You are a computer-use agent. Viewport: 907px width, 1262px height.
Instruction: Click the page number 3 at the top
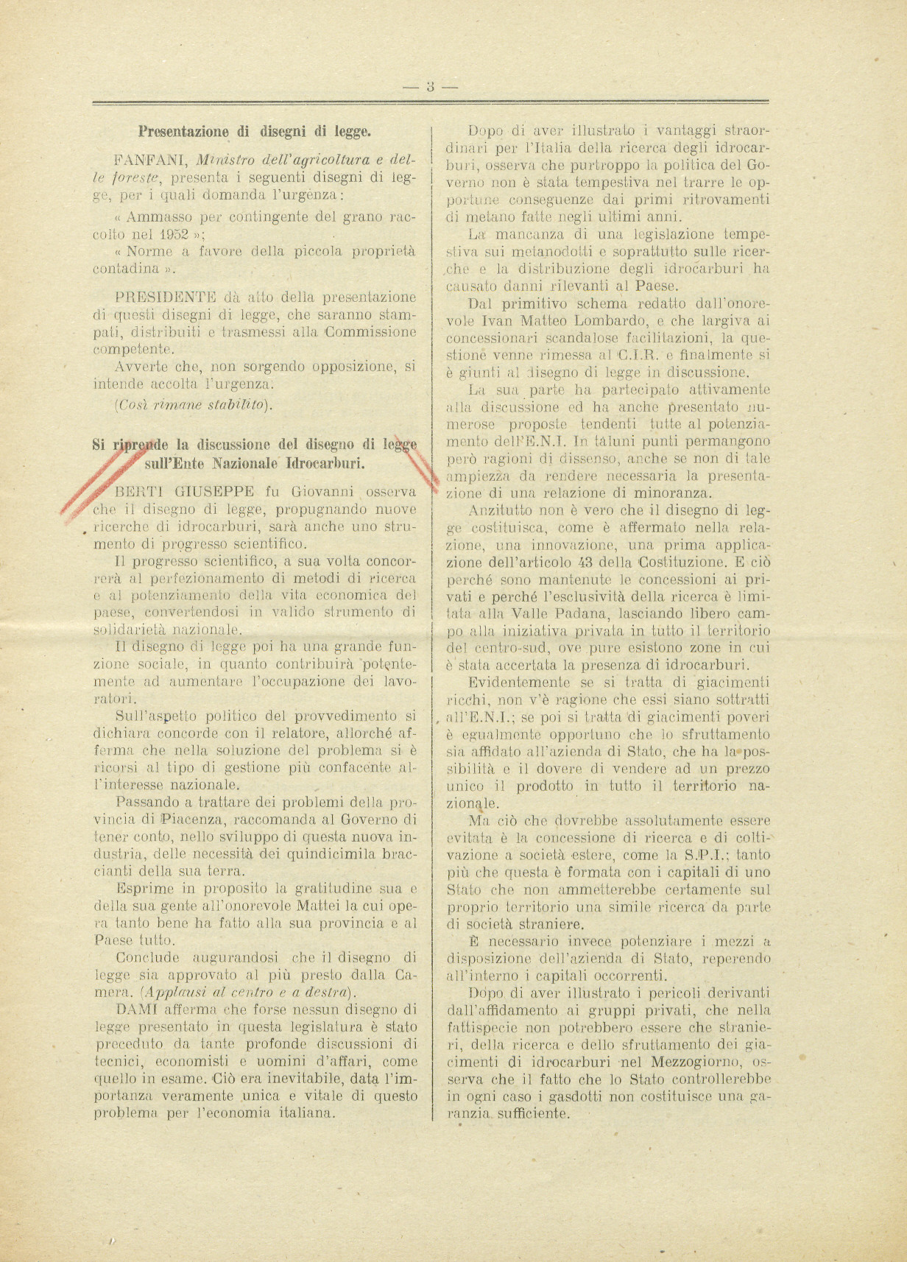(431, 86)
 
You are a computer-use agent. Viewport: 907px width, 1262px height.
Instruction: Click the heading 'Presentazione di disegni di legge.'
(254, 132)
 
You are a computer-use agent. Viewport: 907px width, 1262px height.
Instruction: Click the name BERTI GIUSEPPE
(185, 491)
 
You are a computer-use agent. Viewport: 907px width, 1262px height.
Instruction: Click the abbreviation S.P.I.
(702, 855)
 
